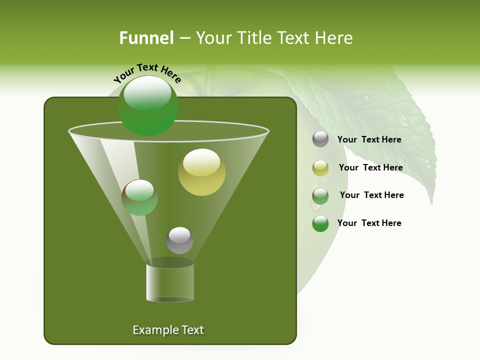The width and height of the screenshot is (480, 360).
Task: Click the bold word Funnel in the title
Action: point(146,38)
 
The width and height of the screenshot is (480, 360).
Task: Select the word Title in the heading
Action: point(254,38)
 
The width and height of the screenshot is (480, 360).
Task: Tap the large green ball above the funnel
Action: point(147,106)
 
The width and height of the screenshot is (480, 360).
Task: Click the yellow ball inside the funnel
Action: point(202,172)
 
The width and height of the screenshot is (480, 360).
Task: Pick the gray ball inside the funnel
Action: point(179,240)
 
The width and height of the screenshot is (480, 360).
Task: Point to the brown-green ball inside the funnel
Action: point(139,197)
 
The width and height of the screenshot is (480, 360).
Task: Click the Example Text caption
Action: point(168,330)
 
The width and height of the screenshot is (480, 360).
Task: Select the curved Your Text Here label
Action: point(147,72)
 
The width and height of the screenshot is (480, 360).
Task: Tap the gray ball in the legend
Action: point(320,139)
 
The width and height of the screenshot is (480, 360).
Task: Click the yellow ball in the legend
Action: point(320,168)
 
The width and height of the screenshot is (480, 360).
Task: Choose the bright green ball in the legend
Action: point(320,223)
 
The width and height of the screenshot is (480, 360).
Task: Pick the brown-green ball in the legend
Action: point(320,196)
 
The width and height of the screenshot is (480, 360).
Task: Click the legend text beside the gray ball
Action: point(369,140)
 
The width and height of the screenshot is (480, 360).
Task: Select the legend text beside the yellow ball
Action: point(370,168)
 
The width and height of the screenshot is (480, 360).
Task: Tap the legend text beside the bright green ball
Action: point(369,223)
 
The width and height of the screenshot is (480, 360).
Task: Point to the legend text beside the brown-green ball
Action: point(371,195)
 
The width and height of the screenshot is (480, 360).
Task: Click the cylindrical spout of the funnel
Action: point(170,283)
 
